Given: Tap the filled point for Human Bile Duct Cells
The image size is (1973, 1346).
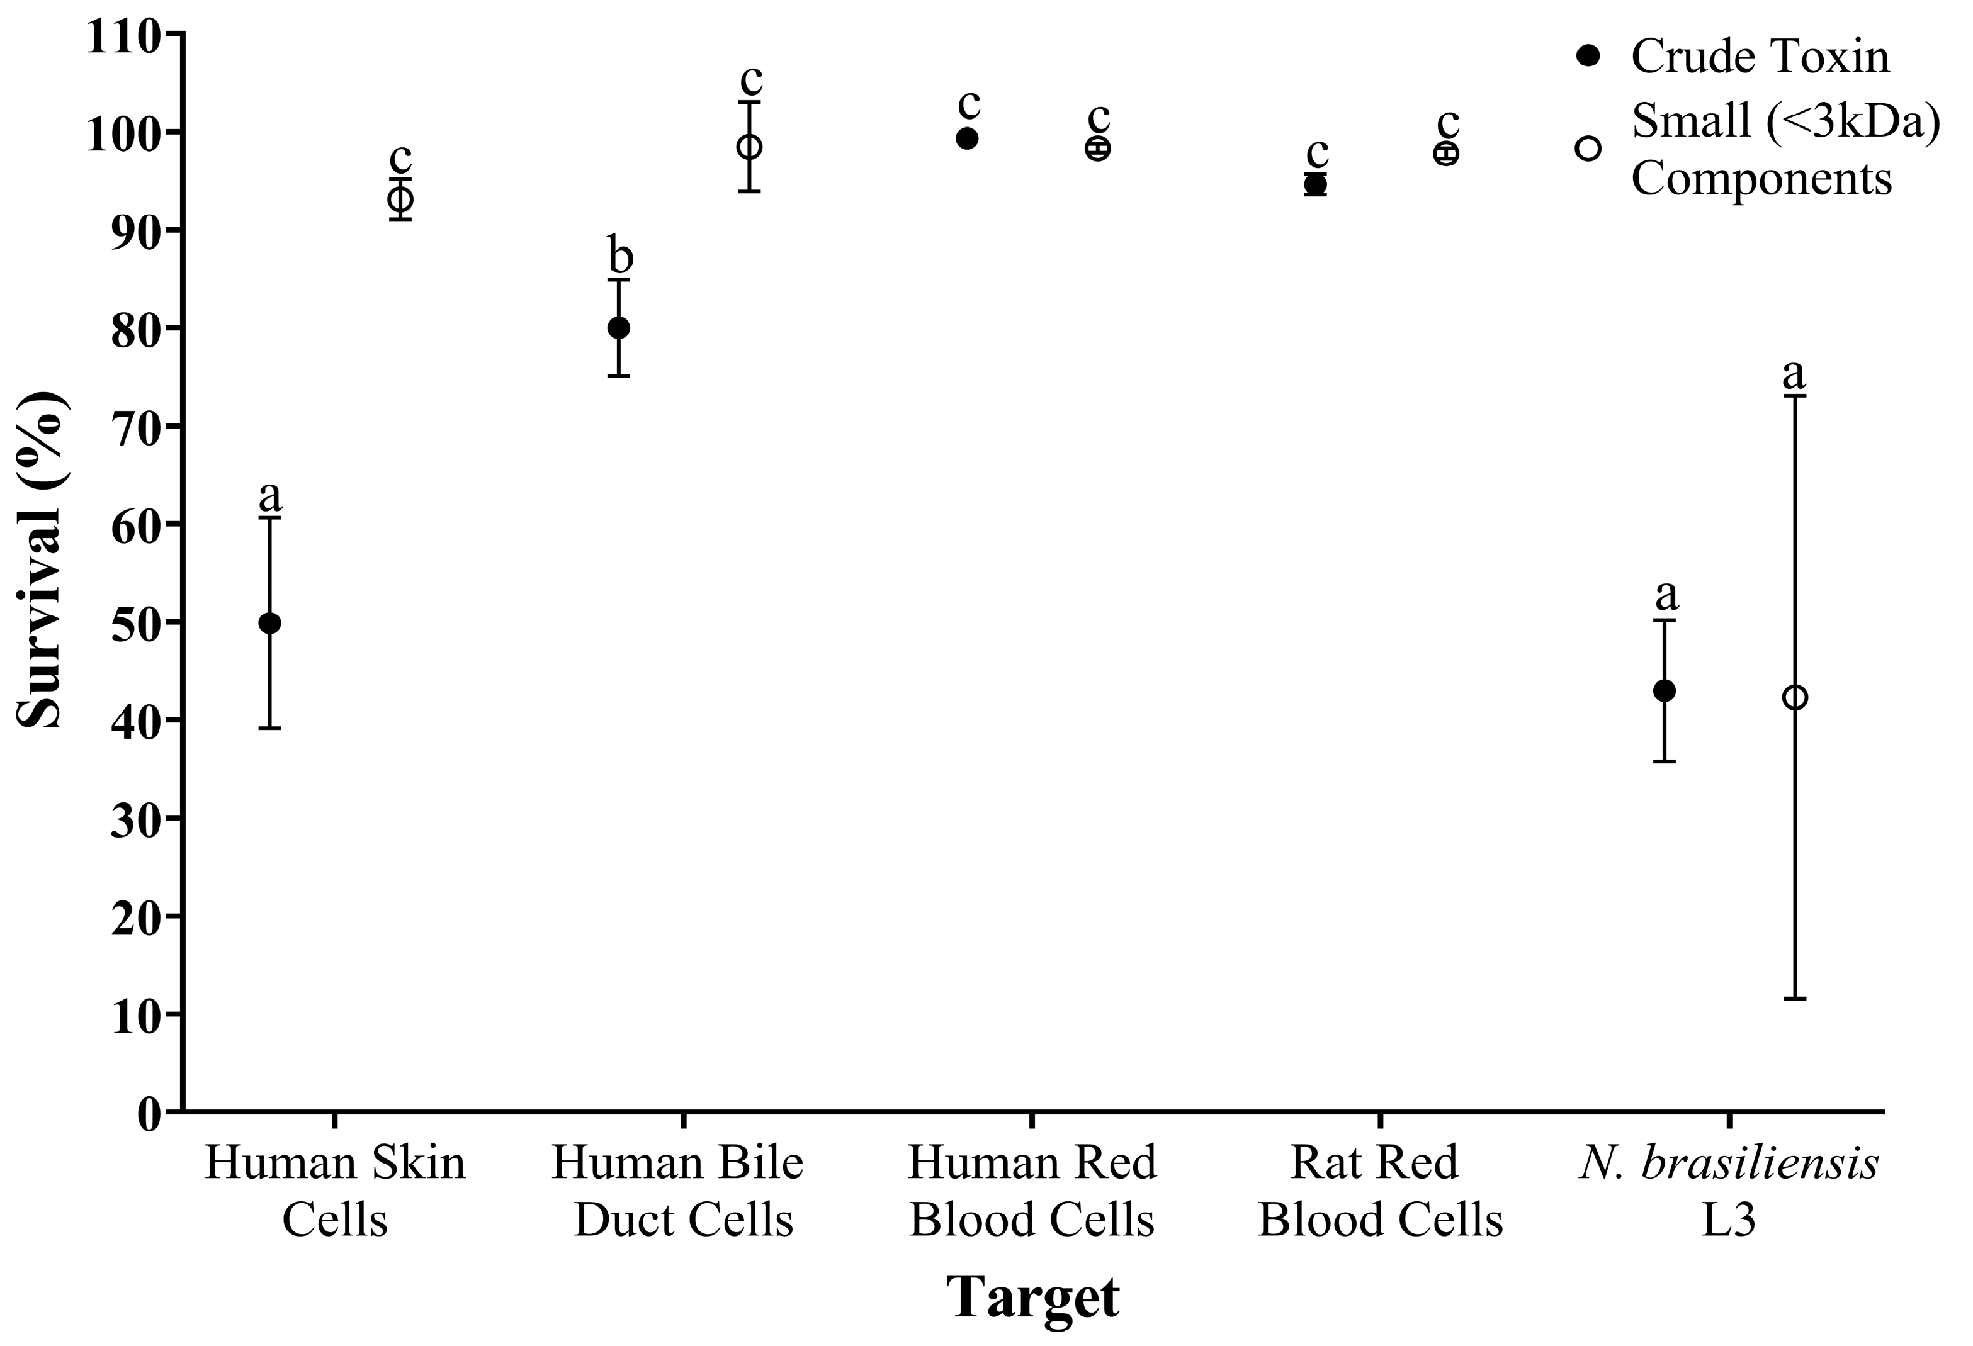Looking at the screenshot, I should click(x=619, y=328).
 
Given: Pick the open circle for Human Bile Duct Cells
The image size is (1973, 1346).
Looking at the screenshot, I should click(x=749, y=147).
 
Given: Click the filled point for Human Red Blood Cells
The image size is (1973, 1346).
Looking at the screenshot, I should click(x=967, y=138).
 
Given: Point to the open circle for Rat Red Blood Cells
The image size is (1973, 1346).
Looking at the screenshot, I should click(x=1446, y=154).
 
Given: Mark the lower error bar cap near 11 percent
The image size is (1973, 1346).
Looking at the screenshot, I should click(x=1795, y=999).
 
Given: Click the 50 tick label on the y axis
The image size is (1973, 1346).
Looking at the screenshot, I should click(x=136, y=623).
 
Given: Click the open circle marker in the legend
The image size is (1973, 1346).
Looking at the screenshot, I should click(x=1588, y=149).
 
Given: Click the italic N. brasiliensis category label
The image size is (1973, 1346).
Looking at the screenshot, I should click(x=1729, y=1164).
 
